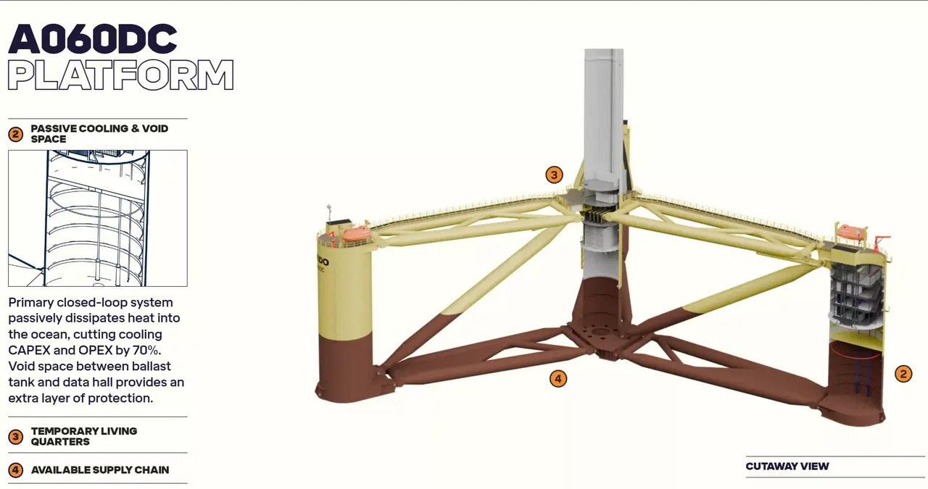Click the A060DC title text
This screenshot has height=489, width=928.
(92, 39)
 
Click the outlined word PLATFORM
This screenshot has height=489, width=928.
(120, 75)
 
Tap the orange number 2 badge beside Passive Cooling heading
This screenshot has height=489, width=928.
(16, 134)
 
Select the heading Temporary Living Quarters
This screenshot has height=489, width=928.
(84, 436)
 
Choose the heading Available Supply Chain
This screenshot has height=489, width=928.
(100, 470)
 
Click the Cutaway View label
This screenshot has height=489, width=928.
(787, 467)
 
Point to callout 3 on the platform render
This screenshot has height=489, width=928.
(554, 175)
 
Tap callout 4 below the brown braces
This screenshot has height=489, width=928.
(558, 378)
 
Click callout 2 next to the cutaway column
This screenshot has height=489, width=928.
(903, 374)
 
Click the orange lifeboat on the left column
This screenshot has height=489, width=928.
(357, 233)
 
